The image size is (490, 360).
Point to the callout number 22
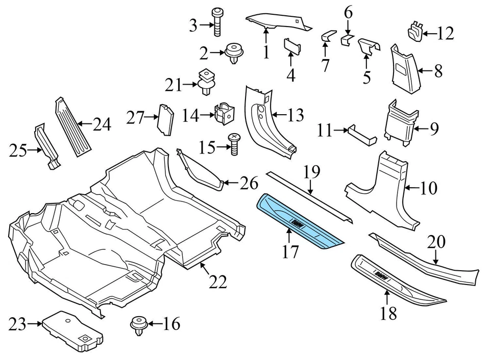[x=218, y=281]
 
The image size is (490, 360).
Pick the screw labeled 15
[x=234, y=145]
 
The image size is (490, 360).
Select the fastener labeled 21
[x=206, y=82]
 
